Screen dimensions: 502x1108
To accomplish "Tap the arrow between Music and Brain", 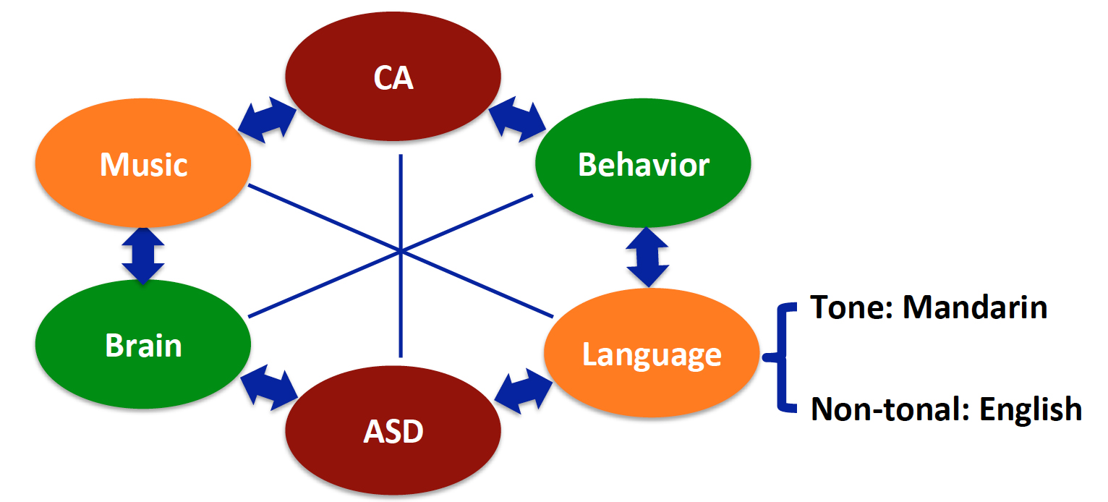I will click(143, 255).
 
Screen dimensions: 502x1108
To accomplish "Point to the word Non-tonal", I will click(890, 409).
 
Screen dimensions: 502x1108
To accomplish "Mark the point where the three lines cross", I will click(400, 251).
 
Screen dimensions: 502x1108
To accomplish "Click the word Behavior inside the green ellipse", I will click(643, 165).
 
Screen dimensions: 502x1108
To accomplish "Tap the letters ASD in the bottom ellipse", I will click(393, 433).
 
